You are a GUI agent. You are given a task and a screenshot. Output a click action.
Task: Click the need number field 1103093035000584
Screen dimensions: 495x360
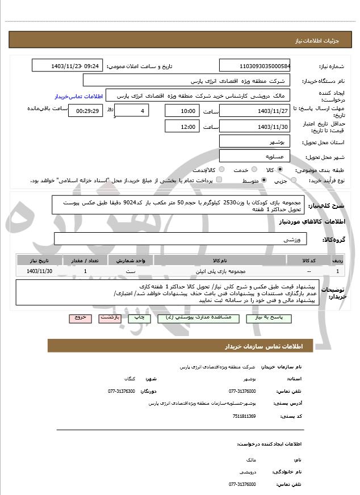point(254,65)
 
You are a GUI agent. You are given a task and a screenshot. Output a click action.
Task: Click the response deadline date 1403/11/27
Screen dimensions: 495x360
point(254,111)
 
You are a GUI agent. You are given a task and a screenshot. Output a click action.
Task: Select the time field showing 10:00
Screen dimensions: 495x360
point(182,111)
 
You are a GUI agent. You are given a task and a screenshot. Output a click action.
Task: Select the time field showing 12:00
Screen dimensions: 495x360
point(182,127)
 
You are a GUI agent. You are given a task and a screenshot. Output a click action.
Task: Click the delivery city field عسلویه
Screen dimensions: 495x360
point(254,156)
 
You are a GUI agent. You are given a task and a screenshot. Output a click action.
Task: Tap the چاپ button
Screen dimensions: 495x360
point(143,318)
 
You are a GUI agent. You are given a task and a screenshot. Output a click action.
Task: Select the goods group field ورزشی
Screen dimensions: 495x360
point(181,240)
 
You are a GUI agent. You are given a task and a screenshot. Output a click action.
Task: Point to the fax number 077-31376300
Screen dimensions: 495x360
point(122,391)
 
